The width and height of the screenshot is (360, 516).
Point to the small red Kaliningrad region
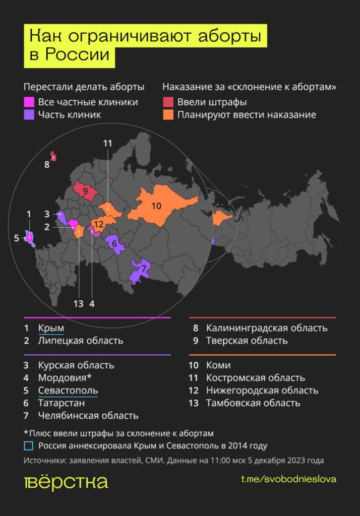click(53, 157)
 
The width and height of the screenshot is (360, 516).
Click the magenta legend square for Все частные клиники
click(29, 102)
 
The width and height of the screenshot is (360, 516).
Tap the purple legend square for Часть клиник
click(29, 115)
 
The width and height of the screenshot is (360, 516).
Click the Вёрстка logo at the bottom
click(66, 482)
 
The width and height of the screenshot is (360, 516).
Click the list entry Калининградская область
click(267, 328)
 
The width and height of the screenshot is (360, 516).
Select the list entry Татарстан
click(62, 403)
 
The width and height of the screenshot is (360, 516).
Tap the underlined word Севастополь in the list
click(68, 391)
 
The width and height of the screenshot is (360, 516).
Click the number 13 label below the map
click(78, 303)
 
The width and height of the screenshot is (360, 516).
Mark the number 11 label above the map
click(107, 143)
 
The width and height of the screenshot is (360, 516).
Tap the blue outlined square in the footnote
click(29, 446)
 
